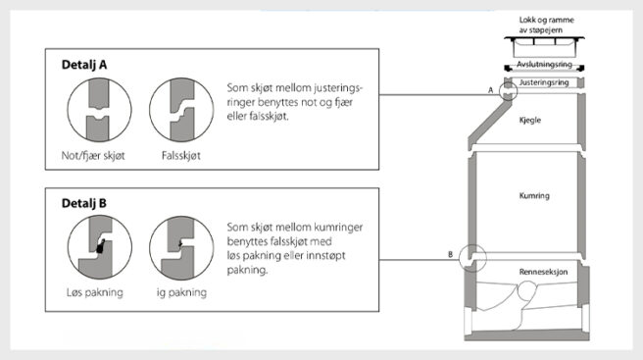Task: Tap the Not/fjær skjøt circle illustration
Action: click(x=96, y=111)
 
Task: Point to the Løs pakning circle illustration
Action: click(x=96, y=250)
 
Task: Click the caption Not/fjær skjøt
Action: click(x=96, y=156)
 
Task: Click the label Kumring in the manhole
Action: click(x=533, y=196)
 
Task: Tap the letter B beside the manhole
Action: click(x=450, y=255)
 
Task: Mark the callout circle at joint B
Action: click(x=472, y=257)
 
